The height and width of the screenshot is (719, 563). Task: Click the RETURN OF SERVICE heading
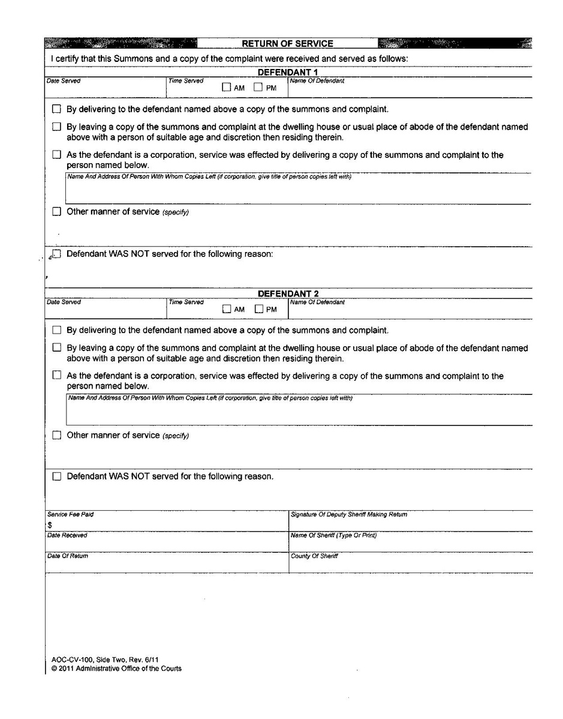click(287, 43)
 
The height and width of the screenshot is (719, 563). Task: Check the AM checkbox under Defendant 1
click(226, 88)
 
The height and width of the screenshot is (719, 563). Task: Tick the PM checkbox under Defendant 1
click(258, 88)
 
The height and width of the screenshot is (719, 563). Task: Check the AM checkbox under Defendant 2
click(227, 310)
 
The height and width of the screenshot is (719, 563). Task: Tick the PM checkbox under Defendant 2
click(259, 310)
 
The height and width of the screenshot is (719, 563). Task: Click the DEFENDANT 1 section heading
click(288, 73)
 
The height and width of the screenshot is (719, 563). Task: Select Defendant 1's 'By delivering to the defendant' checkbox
click(57, 110)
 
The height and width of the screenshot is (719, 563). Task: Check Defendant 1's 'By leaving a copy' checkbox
click(57, 127)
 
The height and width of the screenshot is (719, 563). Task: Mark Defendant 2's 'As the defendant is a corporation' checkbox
click(57, 376)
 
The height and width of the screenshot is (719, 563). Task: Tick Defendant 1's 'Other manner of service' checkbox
click(57, 212)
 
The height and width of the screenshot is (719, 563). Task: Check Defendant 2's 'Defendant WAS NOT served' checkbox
click(57, 477)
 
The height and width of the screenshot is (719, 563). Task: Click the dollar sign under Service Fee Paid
click(49, 525)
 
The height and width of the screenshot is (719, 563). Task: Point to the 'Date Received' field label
click(67, 535)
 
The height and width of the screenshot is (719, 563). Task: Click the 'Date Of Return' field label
click(68, 556)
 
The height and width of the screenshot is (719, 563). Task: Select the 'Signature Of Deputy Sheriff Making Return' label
click(349, 515)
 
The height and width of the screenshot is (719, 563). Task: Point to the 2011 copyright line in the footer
click(116, 669)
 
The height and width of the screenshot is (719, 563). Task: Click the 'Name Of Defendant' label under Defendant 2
click(317, 302)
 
